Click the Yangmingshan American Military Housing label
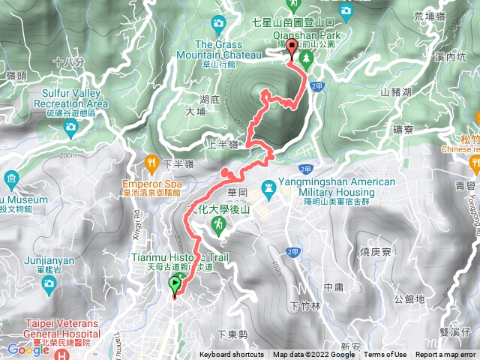pos(336,187)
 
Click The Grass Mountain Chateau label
pos(218,49)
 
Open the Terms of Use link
pos(385,355)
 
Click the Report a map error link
pos(447,355)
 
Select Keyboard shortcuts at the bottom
pos(233,355)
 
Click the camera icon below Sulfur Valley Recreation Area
pos(70,127)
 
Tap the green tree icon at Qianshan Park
pos(305,58)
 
